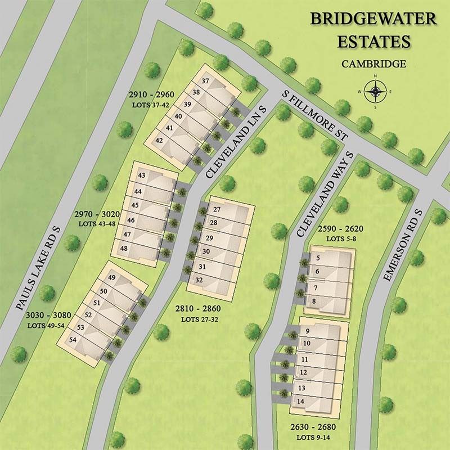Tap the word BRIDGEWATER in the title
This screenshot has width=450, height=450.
[x=373, y=19]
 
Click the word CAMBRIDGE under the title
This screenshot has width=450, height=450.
[x=373, y=64]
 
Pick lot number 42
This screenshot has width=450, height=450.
[x=159, y=140]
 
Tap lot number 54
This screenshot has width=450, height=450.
[x=73, y=340]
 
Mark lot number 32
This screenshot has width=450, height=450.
[x=199, y=280]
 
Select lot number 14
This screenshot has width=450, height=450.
[x=301, y=401]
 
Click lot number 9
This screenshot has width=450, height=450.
[x=308, y=331]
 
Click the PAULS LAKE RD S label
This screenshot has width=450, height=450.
[x=38, y=269]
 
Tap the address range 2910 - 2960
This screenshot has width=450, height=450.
[x=151, y=94]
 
